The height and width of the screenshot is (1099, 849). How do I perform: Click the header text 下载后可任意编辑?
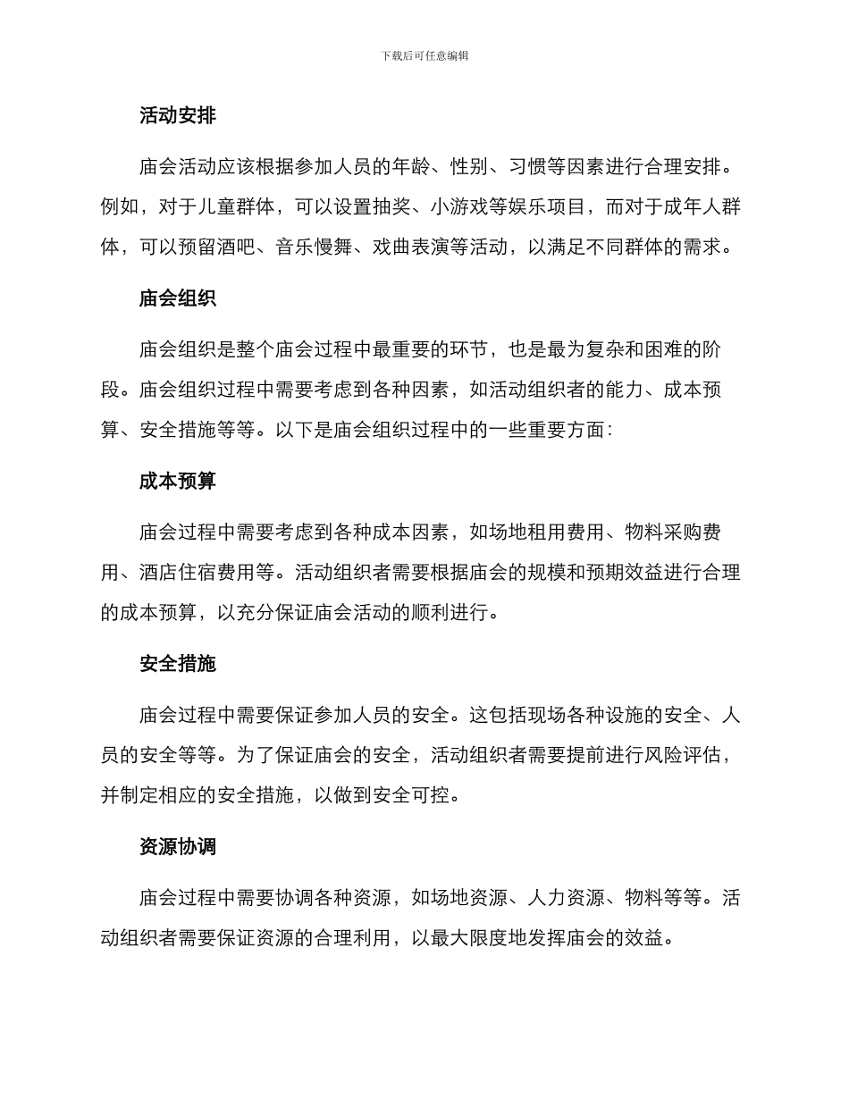[x=424, y=55]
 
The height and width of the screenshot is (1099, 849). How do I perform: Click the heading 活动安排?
[x=178, y=115]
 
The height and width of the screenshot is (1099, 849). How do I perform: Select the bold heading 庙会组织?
[x=178, y=298]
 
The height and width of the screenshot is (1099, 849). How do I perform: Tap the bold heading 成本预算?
[x=178, y=482]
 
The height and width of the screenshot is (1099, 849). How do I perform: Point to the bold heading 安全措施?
[x=178, y=664]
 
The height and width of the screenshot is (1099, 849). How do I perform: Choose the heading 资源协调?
[x=178, y=846]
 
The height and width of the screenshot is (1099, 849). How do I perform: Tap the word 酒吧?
[x=237, y=247]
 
